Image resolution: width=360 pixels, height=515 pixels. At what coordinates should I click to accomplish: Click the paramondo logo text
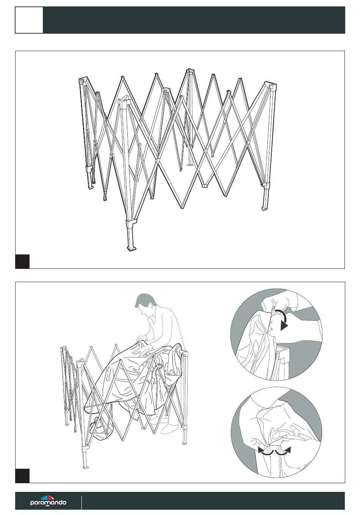coord(48,503)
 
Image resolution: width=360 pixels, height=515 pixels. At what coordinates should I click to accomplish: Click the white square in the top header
coord(29,20)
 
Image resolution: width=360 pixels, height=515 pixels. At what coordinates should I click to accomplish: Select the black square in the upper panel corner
coord(22,261)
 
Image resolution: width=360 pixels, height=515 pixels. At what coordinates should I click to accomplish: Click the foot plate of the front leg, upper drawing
coord(131,249)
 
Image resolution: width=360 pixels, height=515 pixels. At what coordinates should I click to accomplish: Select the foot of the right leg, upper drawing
coord(265,208)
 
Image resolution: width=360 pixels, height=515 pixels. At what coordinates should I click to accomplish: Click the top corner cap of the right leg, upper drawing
coord(271,85)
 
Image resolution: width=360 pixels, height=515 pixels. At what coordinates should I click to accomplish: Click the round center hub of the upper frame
coord(166,90)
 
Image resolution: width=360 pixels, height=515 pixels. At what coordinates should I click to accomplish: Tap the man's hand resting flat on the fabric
coord(140,353)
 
